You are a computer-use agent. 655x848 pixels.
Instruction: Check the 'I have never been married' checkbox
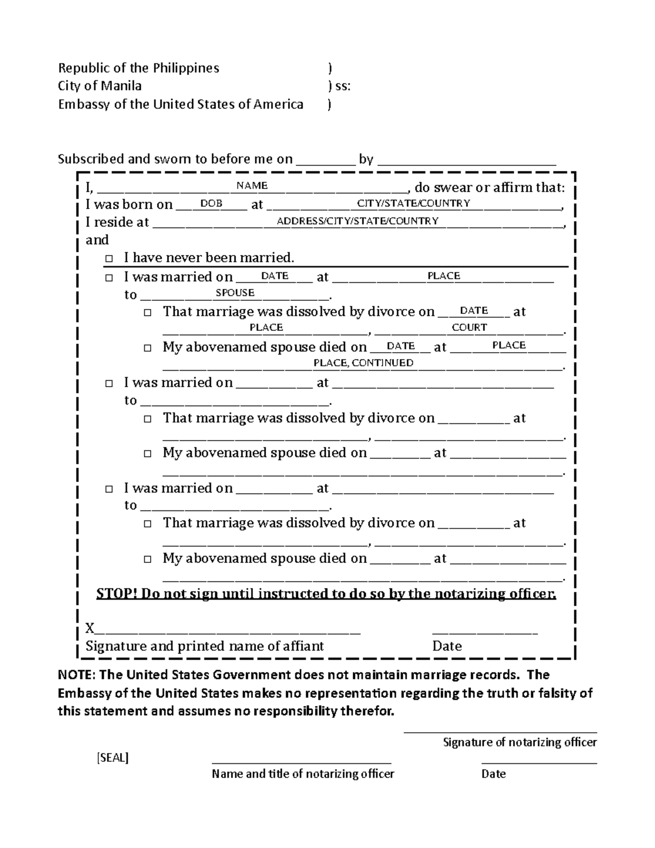coord(110,258)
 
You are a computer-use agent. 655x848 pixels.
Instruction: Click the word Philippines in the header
coord(186,68)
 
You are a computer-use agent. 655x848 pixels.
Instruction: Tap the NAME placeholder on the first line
coord(252,186)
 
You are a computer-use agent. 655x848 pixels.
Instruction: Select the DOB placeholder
coord(211,203)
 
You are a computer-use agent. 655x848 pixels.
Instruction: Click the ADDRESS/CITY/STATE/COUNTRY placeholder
coord(358,221)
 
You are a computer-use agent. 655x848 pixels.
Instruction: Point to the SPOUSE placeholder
coord(235,293)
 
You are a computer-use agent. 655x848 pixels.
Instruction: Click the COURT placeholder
coord(469,327)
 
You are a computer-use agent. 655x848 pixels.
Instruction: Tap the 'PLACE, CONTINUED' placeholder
coord(363,363)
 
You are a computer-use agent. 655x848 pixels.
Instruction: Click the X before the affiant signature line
coord(90,628)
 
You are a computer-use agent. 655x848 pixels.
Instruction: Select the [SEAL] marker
coord(112,758)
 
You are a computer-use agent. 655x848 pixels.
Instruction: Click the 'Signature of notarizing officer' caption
coord(520,742)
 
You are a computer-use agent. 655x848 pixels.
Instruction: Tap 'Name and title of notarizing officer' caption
coord(303,774)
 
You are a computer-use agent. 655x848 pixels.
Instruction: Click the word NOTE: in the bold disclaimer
coord(76,675)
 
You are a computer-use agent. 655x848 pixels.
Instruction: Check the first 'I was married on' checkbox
coord(110,277)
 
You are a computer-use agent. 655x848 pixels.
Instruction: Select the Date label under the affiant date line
coord(446,646)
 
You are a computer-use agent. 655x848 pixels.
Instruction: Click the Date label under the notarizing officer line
coord(493,774)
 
